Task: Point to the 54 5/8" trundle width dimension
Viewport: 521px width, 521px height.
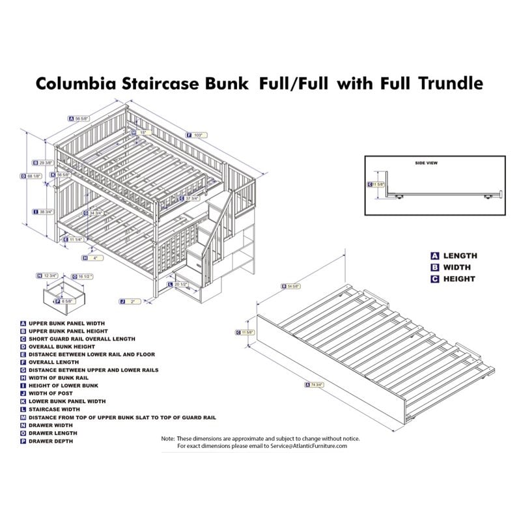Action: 292,286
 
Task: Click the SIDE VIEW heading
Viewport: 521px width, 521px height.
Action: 426,163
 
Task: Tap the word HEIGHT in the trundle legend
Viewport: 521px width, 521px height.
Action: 459,279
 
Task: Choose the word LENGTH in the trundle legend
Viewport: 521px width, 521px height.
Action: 460,256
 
